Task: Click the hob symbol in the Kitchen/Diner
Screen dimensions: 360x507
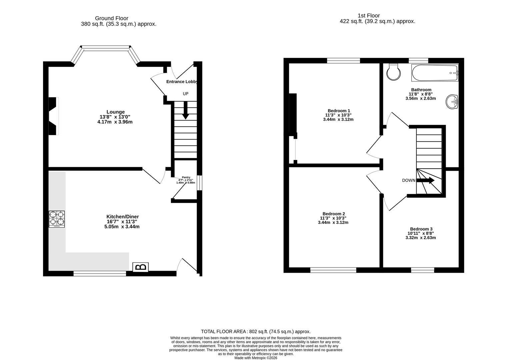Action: [57, 219]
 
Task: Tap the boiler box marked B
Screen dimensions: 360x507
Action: [141, 267]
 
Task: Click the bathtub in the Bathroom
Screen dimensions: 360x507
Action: [435, 73]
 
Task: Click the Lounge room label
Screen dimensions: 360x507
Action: [116, 112]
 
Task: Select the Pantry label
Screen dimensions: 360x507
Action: [186, 177]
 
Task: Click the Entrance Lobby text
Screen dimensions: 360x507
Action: [182, 82]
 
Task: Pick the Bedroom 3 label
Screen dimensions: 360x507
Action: [421, 229]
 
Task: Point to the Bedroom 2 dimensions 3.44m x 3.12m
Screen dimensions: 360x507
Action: [333, 222]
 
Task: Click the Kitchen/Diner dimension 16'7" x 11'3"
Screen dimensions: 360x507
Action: [122, 222]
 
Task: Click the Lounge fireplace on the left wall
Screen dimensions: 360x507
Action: [53, 116]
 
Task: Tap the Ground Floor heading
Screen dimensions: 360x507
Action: [111, 18]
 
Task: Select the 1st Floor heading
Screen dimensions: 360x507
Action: [368, 16]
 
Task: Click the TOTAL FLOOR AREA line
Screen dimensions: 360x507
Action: [256, 331]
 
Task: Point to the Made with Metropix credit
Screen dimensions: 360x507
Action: [256, 358]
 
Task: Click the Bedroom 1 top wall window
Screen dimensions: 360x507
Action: [343, 61]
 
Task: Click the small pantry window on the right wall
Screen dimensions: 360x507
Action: [199, 183]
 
